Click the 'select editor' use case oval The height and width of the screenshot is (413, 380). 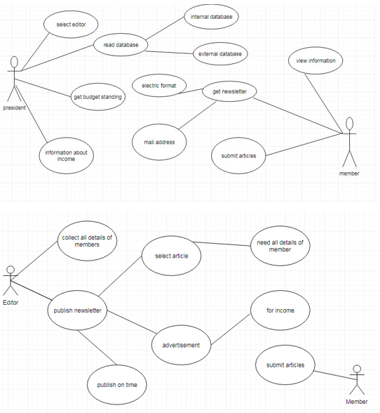[71, 25]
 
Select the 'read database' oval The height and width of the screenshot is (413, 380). [121, 45]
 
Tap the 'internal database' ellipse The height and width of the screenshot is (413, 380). [212, 17]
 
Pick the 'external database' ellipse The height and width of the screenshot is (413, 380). [220, 53]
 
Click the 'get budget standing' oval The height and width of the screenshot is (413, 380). [98, 97]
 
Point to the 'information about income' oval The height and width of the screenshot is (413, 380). [67, 156]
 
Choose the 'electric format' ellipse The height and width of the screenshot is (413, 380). [159, 86]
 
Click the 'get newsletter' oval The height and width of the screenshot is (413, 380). [229, 91]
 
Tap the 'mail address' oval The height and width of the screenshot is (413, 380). [159, 142]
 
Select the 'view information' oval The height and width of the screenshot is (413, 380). [315, 60]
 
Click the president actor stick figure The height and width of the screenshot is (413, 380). [14, 79]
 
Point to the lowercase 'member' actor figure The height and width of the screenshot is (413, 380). [349, 142]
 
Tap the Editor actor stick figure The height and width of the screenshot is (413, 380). [11, 281]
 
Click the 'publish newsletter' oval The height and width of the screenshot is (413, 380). [77, 310]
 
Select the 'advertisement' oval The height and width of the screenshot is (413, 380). [181, 345]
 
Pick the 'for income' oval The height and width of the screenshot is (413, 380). [280, 310]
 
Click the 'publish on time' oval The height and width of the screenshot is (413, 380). [117, 385]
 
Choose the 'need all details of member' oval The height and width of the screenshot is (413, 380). [280, 246]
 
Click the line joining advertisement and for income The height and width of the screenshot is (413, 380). [231, 329]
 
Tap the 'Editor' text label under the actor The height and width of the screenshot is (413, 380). [11, 302]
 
